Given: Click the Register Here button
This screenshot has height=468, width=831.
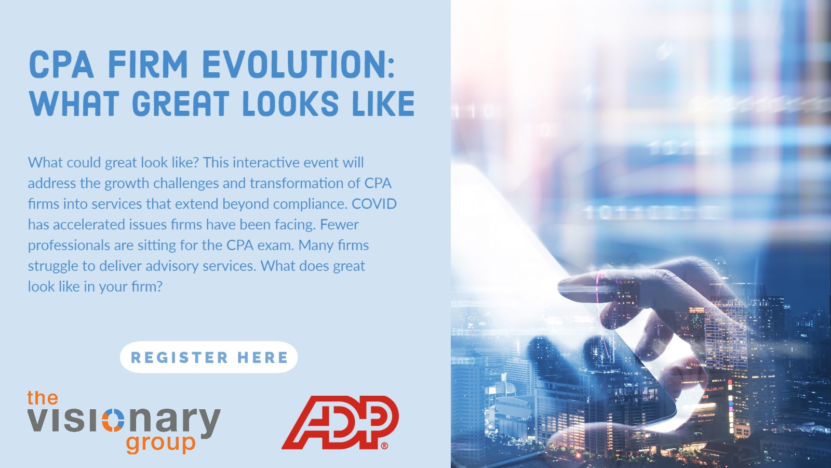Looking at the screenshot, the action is tap(208, 357).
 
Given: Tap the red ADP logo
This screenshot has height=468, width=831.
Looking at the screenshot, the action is tap(340, 422).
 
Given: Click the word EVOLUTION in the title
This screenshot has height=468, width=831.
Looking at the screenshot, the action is tap(298, 64).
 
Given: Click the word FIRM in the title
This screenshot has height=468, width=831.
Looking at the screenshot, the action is tap(148, 64).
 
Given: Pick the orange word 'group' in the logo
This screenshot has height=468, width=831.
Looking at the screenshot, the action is tap(160, 444).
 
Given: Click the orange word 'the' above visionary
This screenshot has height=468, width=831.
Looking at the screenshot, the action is tap(43, 398).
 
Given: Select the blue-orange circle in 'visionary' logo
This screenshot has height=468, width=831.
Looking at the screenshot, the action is tap(113, 420).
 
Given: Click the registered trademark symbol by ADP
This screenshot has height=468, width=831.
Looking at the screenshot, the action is tap(384, 445).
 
